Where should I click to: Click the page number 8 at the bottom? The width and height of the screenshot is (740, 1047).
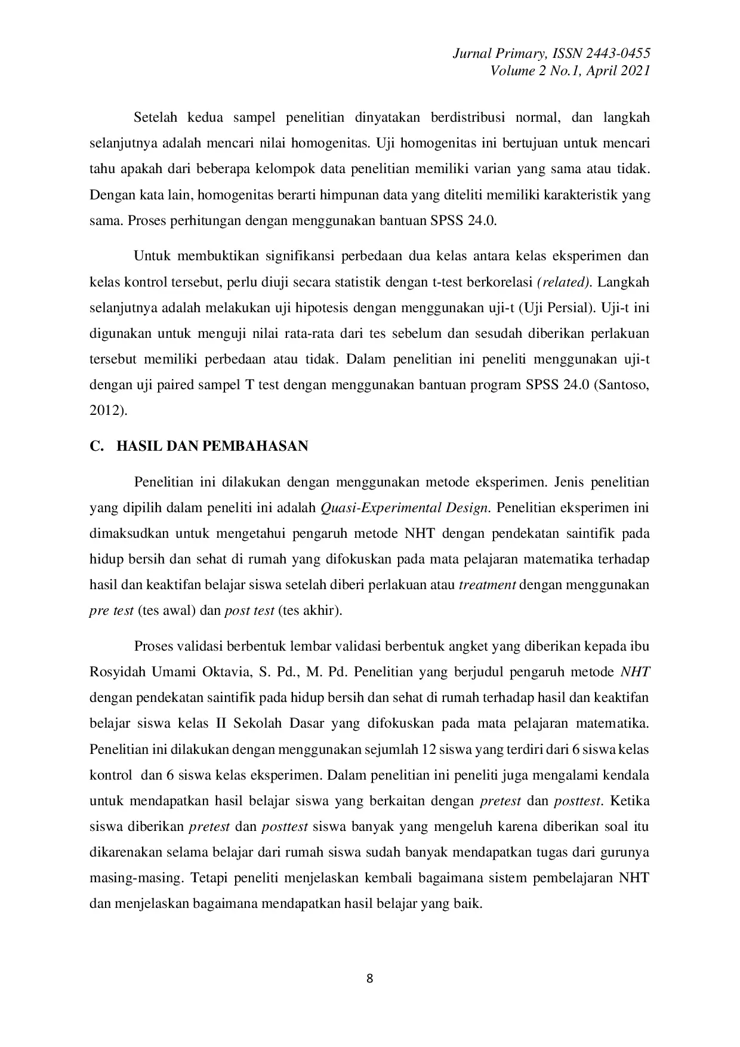tap(369, 978)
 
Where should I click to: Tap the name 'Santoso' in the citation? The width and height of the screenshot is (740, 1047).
tap(625, 384)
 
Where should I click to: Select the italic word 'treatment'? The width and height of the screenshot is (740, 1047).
tap(487, 584)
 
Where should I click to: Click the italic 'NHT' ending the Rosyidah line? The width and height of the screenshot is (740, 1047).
tap(635, 672)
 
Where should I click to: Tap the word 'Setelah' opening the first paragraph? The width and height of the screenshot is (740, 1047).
tap(155, 117)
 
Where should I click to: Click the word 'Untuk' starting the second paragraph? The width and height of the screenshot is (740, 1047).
tap(152, 256)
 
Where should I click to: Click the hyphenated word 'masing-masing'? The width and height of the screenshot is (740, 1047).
tap(135, 878)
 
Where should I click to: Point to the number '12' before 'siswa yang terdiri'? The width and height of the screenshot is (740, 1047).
tap(428, 749)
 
